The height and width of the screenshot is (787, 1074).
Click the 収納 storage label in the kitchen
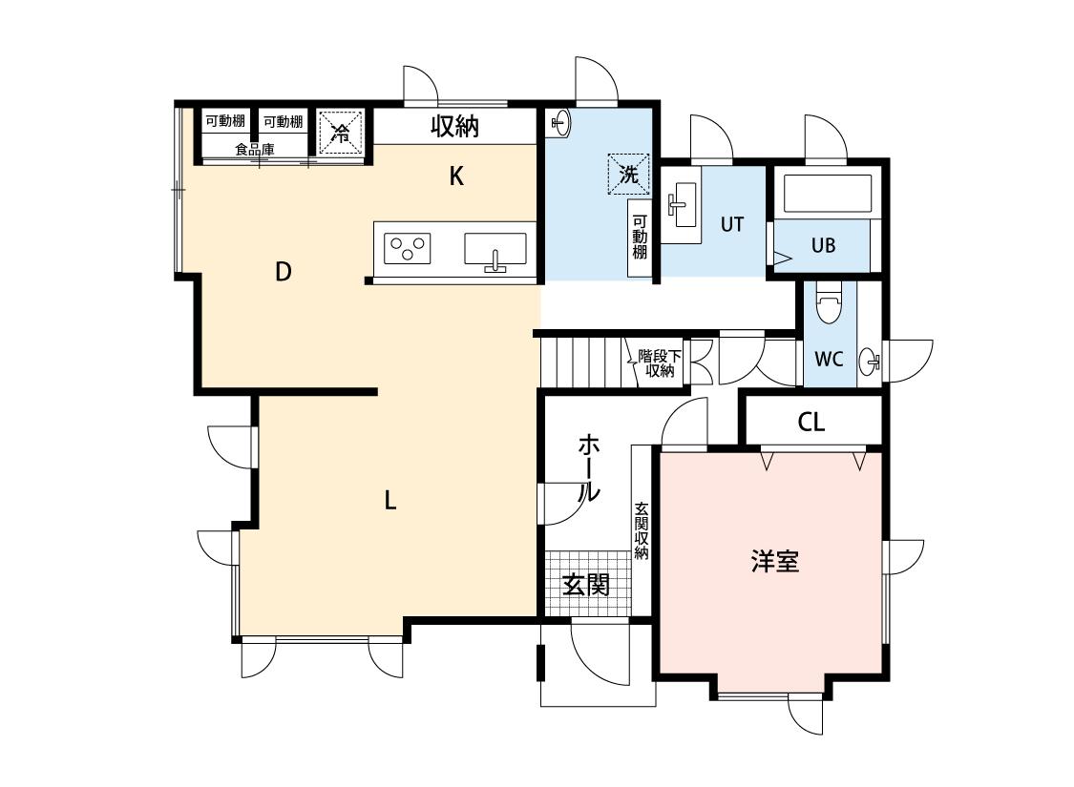point(454,127)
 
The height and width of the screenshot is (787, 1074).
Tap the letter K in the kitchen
point(457,176)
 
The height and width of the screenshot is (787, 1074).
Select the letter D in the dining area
point(283,273)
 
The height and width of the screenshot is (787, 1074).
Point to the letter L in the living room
point(390,501)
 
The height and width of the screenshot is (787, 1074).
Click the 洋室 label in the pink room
point(774,562)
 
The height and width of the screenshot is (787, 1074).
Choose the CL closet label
point(811,423)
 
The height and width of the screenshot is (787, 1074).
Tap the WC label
point(828,360)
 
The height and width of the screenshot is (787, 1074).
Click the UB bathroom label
point(823,246)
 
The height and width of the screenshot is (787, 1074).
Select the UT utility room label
point(731,224)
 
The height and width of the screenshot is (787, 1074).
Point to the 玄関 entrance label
point(585,585)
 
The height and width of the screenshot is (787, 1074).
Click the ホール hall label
point(589,468)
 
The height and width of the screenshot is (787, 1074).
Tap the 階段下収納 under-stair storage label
point(660,363)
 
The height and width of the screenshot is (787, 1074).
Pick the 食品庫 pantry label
point(255,149)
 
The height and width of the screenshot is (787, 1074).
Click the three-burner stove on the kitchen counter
point(408,248)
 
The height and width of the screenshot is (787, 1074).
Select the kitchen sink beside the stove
point(495,249)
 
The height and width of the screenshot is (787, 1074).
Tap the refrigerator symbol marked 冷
point(341,131)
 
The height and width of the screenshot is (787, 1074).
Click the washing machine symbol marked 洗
point(628,174)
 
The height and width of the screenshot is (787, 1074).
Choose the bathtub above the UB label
point(828,194)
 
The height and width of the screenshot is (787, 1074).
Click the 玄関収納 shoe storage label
point(642,530)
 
